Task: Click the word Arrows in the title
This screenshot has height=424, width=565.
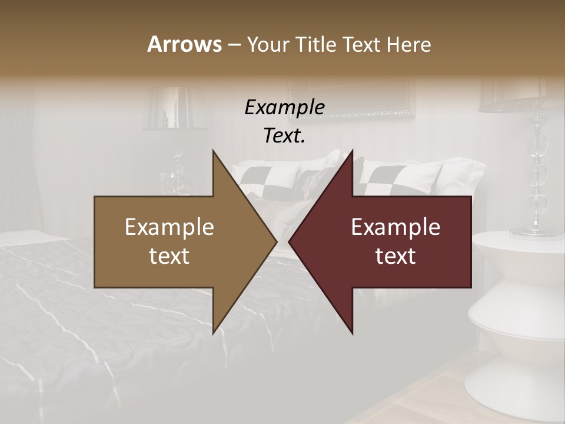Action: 184,45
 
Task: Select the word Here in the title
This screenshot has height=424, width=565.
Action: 408,45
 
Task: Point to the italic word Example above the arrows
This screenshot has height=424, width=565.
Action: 284,108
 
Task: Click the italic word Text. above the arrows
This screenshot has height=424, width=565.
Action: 284,136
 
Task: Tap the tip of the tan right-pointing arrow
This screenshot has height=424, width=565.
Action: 277,241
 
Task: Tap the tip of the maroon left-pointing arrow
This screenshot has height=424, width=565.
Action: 289,241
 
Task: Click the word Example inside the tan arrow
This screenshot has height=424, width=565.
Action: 169,227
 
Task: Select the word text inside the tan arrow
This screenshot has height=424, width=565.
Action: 169,256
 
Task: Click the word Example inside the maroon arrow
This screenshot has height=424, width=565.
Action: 395,227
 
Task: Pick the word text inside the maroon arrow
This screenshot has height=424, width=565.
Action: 395,256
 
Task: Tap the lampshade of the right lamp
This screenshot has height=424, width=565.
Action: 518,94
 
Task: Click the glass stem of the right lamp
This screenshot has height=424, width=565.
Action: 537,177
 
